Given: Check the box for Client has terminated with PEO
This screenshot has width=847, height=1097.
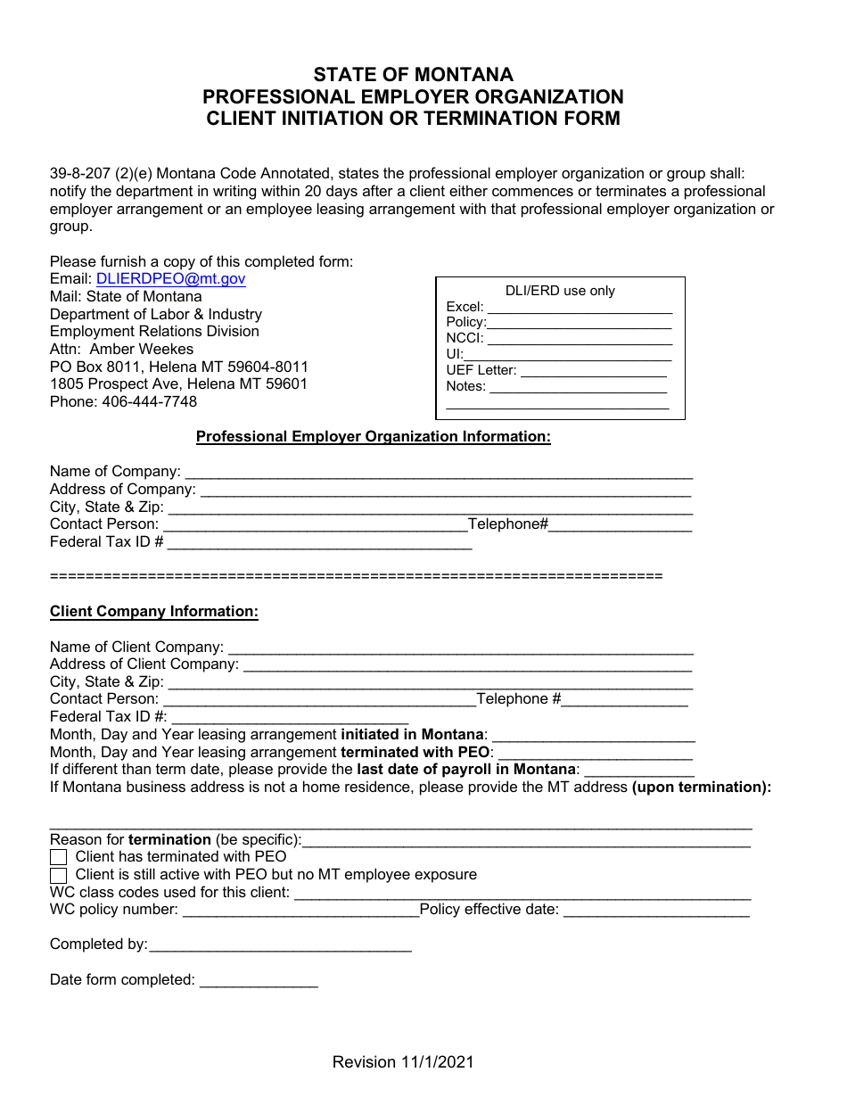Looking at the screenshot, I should point(59,857).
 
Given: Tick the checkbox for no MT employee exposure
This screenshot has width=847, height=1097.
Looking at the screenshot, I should point(59,875).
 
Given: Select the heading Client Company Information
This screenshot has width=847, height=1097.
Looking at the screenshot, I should point(153,612).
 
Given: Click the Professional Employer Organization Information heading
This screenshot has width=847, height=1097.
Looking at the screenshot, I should point(373,437).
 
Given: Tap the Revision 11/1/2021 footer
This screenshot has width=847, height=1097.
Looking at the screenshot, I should point(403,1061).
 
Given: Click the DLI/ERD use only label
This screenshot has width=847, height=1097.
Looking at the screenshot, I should point(560,291).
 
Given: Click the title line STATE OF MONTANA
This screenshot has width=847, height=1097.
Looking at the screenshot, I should point(413,75).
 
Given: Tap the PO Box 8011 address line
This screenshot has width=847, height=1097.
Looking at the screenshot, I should point(178,367).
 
